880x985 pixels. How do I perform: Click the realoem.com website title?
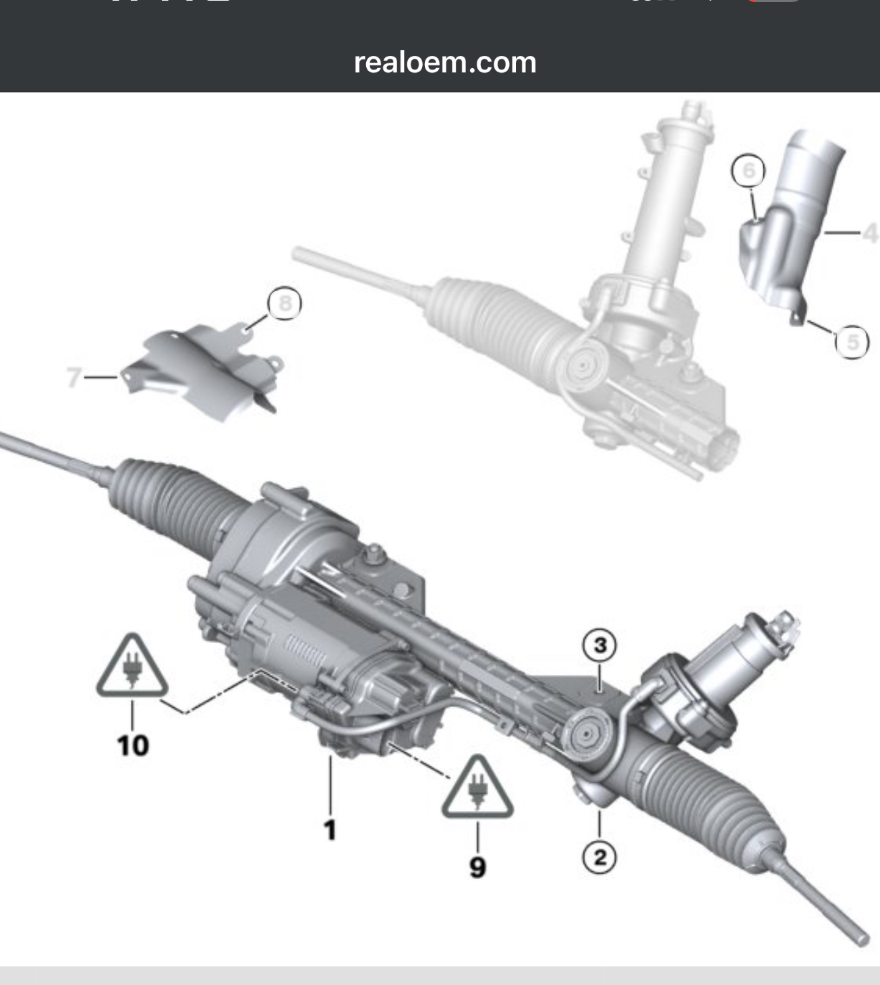click(x=445, y=63)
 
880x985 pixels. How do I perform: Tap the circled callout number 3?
click(x=599, y=645)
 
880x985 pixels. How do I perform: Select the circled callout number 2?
click(x=599, y=858)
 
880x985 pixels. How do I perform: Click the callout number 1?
click(x=330, y=829)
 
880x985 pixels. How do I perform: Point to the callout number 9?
click(x=477, y=866)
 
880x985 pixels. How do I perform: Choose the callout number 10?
click(x=133, y=746)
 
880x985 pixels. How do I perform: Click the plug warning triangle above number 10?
click(x=132, y=667)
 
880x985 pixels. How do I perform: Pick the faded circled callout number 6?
click(x=749, y=171)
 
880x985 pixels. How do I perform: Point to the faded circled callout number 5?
click(x=852, y=342)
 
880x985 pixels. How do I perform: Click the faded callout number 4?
click(x=871, y=233)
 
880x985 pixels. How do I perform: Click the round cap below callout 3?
click(x=587, y=735)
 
